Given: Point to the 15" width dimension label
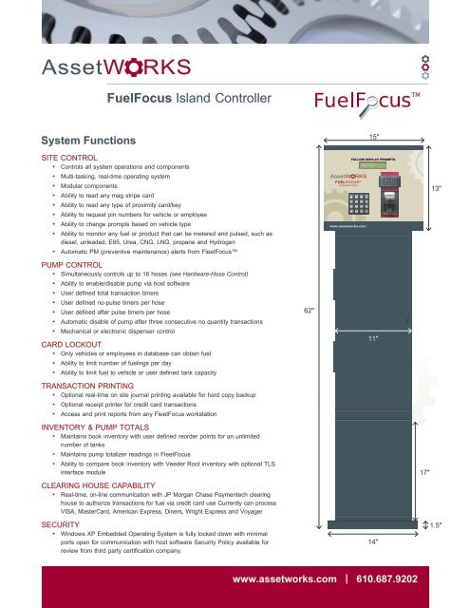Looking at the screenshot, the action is [375, 137].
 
